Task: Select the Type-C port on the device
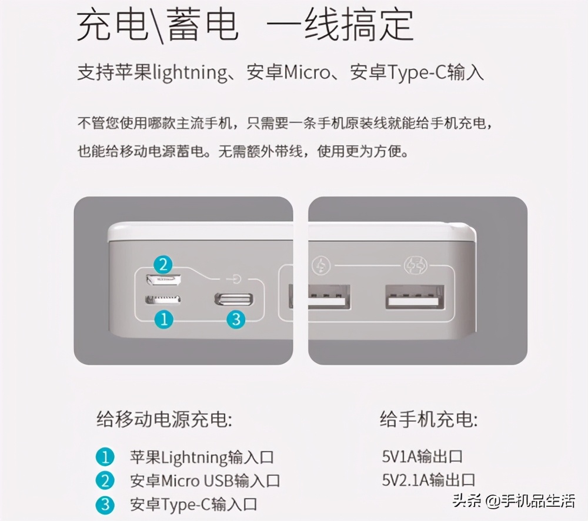[x=235, y=298]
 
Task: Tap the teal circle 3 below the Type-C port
[x=235, y=319]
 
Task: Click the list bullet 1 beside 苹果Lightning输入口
[x=105, y=457]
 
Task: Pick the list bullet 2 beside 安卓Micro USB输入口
[x=105, y=480]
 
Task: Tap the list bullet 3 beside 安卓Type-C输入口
[x=105, y=504]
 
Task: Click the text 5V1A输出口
[x=422, y=456]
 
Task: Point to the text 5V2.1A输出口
[x=428, y=480]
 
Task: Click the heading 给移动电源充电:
[x=164, y=420]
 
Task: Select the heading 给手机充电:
[x=429, y=420]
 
